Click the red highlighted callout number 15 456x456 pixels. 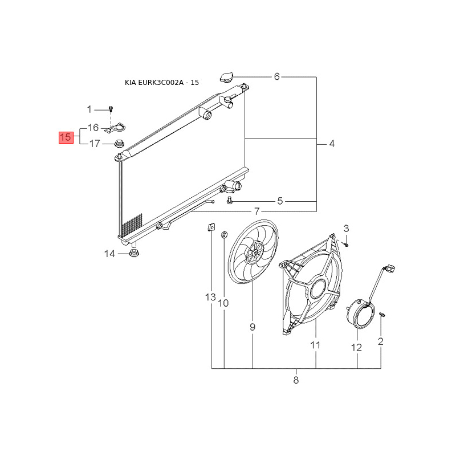pos(66,137)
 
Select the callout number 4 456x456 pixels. pos(332,144)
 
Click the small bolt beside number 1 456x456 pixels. pos(111,109)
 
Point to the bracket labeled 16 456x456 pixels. pos(116,128)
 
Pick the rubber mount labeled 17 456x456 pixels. pos(119,144)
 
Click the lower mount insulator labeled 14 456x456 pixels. pos(133,253)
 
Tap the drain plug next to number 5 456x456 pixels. pos(230,200)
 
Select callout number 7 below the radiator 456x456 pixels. pos(256,211)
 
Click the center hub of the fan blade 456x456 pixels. pos(255,253)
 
